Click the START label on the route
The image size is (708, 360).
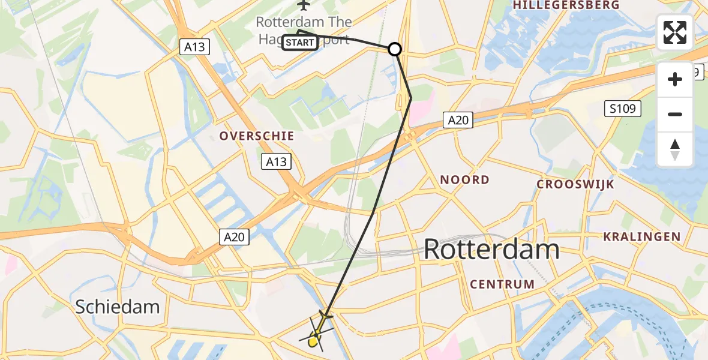click(x=299, y=43)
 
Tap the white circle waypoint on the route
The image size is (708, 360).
click(x=395, y=49)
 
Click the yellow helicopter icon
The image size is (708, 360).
click(x=316, y=334)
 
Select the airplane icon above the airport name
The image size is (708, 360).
click(x=304, y=5)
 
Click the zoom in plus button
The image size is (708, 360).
click(x=675, y=79)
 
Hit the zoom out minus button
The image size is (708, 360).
click(x=675, y=114)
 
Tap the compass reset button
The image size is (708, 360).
click(x=675, y=149)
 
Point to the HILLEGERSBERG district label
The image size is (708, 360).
click(x=566, y=5)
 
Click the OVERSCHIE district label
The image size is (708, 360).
click(x=257, y=136)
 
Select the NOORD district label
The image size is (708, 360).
click(x=464, y=179)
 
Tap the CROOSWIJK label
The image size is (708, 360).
click(x=575, y=184)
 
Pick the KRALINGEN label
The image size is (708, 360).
click(x=642, y=236)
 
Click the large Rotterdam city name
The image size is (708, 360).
click(x=491, y=249)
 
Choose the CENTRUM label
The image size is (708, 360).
click(x=502, y=284)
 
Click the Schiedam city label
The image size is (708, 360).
click(x=118, y=307)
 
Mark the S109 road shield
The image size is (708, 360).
click(x=622, y=109)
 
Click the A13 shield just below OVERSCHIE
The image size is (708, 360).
click(x=277, y=161)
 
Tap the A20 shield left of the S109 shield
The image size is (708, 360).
click(x=458, y=121)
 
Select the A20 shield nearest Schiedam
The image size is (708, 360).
click(x=234, y=237)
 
